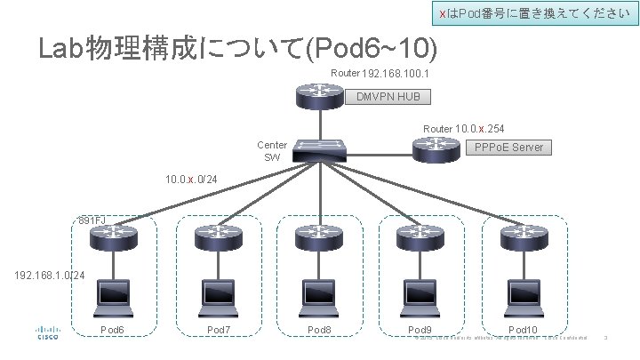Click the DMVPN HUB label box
tap(388, 97)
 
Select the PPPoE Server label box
tap(508, 147)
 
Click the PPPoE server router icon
tap(436, 149)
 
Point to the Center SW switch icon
tap(319, 150)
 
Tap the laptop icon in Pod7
tap(216, 293)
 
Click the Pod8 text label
tap(319, 330)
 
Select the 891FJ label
tap(92, 219)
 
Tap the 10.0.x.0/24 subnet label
tap(190, 180)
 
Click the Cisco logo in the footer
tap(47, 332)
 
